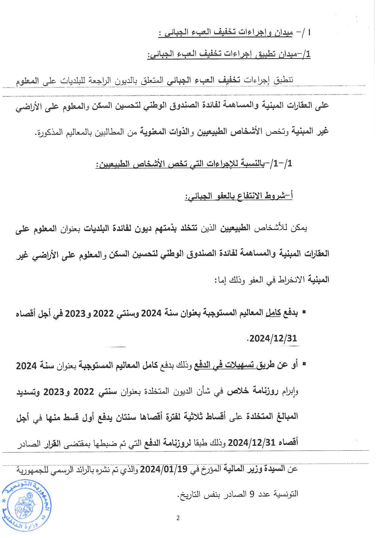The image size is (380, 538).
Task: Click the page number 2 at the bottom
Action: (178, 518)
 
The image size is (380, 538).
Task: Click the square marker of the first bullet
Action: (304, 312)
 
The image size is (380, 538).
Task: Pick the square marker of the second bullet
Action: (304, 364)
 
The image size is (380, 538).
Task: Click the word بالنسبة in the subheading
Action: (249, 164)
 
